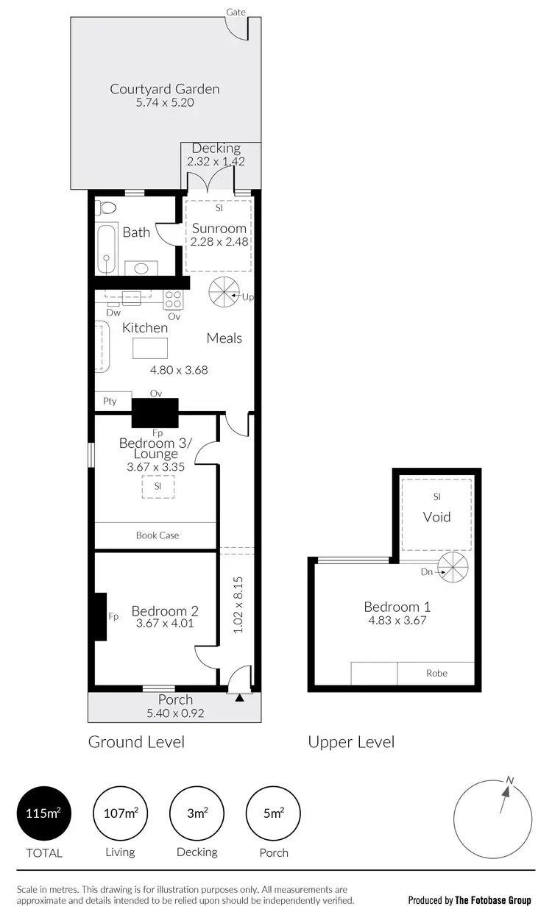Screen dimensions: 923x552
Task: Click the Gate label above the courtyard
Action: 236,12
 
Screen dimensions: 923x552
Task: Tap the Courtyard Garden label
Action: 165,89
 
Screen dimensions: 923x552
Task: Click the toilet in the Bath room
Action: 106,208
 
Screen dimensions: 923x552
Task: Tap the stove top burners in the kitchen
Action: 173,299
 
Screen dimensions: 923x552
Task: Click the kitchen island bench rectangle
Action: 150,347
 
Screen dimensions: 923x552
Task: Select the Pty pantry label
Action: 110,402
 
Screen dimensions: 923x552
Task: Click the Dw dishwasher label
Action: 113,312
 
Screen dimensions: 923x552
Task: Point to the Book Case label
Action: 158,535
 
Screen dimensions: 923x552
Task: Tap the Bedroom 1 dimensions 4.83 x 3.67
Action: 397,620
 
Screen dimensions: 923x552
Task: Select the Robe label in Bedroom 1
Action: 436,673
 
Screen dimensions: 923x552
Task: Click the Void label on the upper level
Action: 436,517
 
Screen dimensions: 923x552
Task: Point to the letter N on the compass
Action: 509,780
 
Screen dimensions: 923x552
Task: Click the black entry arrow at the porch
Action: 239,698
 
